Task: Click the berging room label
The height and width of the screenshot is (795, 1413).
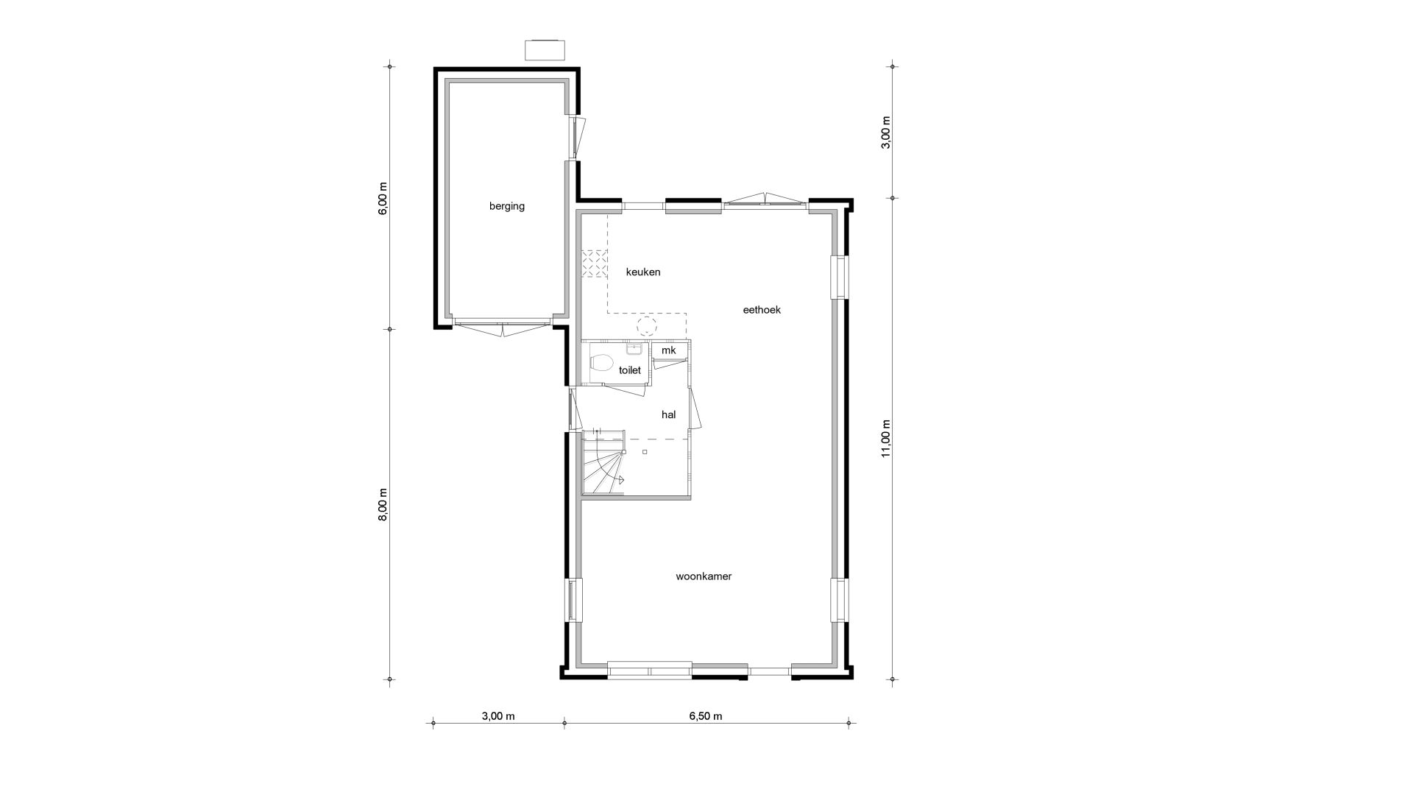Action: pos(507,206)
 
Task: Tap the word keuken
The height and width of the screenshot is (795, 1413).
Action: pos(643,272)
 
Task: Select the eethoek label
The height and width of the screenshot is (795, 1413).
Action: pos(762,310)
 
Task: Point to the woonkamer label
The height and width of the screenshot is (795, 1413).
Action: pos(704,576)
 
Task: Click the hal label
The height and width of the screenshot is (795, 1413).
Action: pos(668,415)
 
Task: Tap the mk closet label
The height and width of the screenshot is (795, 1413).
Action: pos(668,350)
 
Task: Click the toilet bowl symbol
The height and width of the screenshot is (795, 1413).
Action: pos(601,363)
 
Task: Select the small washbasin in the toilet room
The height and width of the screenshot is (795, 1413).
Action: pos(635,349)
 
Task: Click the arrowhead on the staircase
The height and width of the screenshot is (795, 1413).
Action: pos(622,479)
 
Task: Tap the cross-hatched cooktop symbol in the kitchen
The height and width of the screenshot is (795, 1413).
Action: pos(594,264)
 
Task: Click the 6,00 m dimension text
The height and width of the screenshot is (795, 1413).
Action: pos(382,198)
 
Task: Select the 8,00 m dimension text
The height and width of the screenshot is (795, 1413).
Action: pos(382,505)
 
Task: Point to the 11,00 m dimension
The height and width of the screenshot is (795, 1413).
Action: pos(885,439)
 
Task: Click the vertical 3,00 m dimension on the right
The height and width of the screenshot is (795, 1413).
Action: pos(885,132)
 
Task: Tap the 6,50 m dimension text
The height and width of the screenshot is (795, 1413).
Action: pos(706,716)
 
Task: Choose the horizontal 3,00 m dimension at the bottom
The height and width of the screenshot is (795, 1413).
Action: pos(498,716)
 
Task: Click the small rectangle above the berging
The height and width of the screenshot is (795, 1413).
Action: pos(545,50)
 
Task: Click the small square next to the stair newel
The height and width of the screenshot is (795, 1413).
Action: pos(645,452)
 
